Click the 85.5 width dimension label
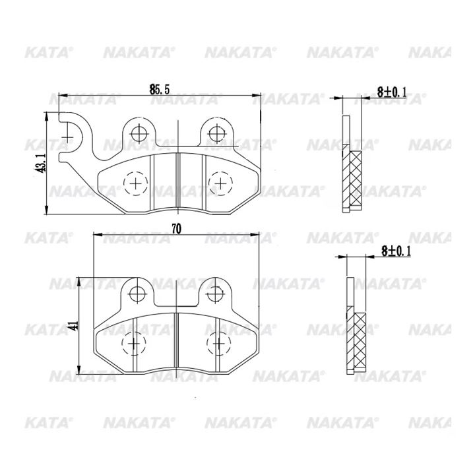160,89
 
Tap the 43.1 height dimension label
41,163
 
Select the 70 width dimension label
176,229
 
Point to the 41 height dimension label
75,325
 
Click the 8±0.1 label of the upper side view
391,92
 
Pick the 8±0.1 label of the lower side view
396,251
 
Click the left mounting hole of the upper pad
139,133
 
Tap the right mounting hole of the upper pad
217,133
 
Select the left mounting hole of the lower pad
137,294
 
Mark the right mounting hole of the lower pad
215,294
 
